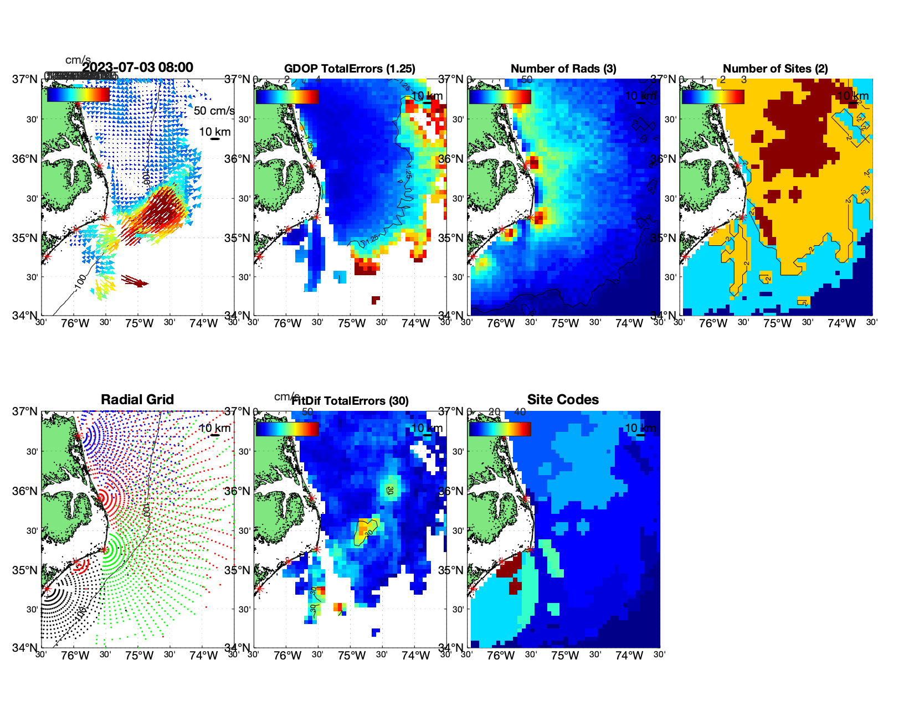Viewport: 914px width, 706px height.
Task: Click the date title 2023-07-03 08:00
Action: (138, 68)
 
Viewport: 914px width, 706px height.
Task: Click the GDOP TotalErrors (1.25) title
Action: (350, 69)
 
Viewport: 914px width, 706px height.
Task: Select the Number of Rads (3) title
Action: (563, 69)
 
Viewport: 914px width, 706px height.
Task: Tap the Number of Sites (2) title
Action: (775, 69)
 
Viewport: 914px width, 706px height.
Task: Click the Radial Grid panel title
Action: (137, 400)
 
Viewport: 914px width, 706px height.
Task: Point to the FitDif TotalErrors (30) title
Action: (350, 401)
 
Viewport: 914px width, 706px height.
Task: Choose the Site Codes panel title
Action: (563, 400)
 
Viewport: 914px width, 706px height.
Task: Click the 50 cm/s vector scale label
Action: (214, 111)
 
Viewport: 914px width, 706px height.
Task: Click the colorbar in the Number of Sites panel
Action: (713, 96)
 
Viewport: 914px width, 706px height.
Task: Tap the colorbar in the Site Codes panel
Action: (500, 429)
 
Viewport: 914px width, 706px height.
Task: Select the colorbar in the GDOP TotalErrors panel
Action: (287, 96)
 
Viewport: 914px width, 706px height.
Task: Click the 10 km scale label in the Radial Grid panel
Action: (214, 428)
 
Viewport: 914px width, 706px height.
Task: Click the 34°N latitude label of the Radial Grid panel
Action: (25, 647)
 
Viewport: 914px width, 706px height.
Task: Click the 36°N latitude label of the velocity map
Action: (25, 159)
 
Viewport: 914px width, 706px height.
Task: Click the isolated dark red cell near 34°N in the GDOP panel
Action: (376, 300)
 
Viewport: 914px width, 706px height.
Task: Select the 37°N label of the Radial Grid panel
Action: (25, 411)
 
